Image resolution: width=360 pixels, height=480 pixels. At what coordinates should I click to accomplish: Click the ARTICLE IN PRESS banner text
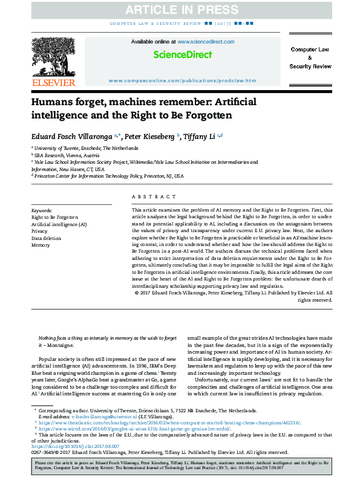click(180, 9)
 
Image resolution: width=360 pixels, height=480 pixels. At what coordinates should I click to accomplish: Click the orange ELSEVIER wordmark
click(53, 82)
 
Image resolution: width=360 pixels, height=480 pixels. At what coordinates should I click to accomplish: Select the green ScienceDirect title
click(183, 55)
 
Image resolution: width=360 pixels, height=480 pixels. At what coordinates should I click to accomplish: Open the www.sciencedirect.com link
click(205, 42)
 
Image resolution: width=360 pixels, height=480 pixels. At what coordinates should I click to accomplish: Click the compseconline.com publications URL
click(183, 80)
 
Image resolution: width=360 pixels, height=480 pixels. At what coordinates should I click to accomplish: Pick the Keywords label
click(42, 209)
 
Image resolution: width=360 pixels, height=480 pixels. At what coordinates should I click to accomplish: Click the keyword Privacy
click(39, 231)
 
